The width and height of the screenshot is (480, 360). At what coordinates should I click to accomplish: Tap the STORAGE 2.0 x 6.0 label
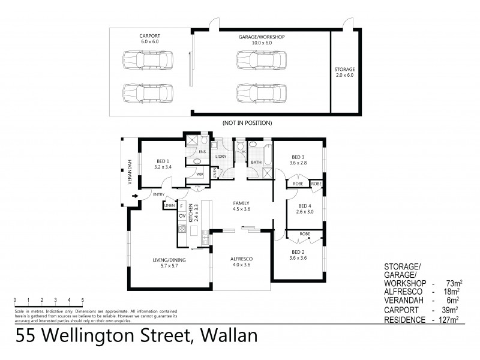coord(344,73)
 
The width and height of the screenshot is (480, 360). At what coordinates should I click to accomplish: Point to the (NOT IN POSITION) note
coord(247,122)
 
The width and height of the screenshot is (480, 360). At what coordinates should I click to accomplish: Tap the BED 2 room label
coord(299,254)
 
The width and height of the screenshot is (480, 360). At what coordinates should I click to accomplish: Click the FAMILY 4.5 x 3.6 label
coord(241,206)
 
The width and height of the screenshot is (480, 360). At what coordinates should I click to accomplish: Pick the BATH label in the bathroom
coord(256,162)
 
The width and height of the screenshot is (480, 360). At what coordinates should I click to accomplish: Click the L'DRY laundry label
coord(220,157)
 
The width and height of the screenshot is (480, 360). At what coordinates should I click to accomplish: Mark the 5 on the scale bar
coord(83,299)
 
